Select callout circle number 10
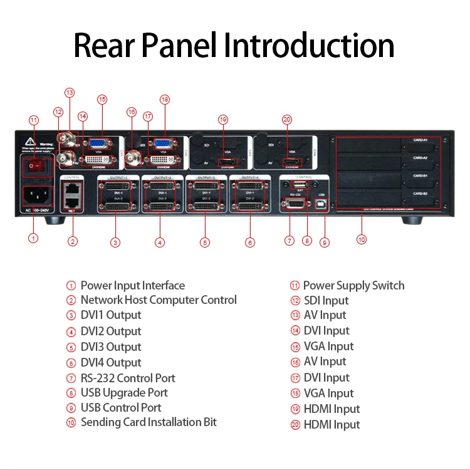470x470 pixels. (361, 239)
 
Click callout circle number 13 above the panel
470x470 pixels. (70, 93)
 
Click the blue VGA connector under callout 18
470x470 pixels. (164, 144)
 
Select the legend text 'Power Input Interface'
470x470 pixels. (132, 286)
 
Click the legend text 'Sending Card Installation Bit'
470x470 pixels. (149, 422)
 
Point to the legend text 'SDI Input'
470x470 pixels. (326, 301)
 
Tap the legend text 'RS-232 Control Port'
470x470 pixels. (128, 378)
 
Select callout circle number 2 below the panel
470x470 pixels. (73, 241)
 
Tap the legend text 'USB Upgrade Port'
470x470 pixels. (124, 393)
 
